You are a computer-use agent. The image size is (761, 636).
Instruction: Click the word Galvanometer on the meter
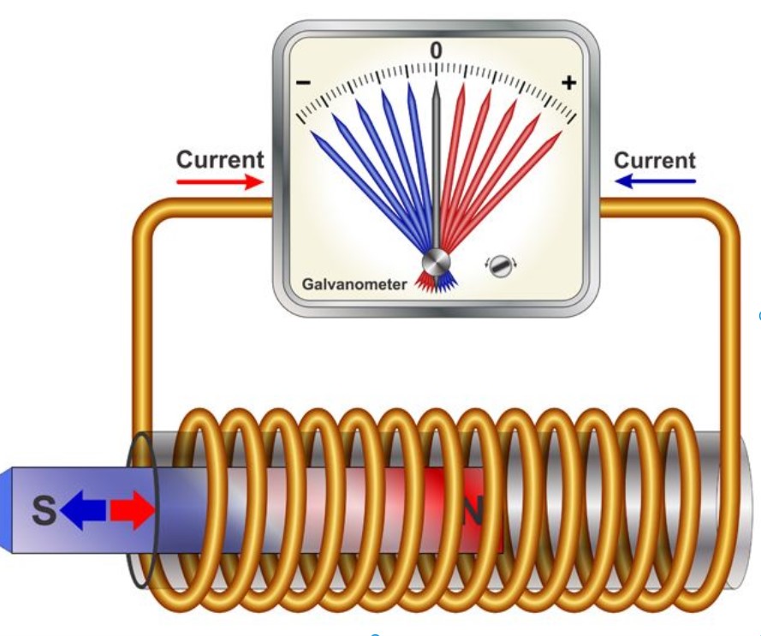click(354, 283)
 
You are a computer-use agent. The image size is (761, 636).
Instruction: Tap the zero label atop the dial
click(436, 51)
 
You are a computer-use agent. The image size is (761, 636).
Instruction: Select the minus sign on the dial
click(303, 83)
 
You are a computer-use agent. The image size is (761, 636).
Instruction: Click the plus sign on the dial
click(569, 82)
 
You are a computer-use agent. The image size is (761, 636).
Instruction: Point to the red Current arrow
click(219, 181)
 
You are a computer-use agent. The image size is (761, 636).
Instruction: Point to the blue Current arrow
click(656, 181)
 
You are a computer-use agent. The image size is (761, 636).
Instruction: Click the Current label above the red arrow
click(220, 160)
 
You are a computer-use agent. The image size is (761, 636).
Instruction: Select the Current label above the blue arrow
click(655, 160)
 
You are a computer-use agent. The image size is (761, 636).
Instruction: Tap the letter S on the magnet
click(43, 511)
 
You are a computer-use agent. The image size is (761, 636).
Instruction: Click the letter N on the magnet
click(473, 512)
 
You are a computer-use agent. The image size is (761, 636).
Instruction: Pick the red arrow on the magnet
click(132, 511)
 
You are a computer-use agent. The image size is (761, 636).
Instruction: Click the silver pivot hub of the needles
click(436, 262)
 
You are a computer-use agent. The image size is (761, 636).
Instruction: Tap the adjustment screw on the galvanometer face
click(500, 265)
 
